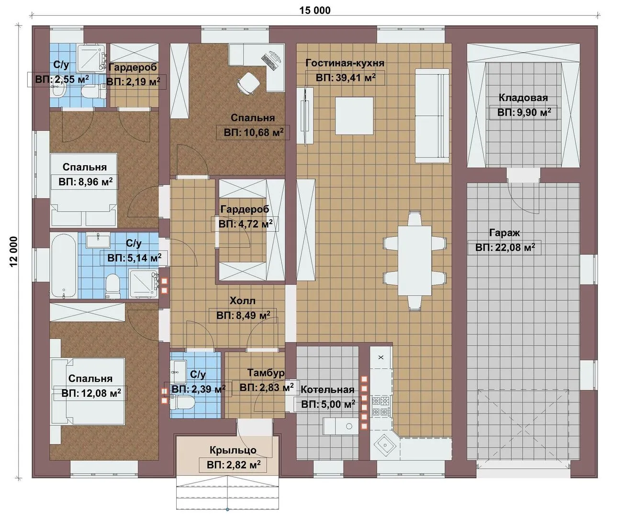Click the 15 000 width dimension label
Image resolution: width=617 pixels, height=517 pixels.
point(314,11)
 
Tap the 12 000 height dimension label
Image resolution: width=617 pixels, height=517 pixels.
point(13,252)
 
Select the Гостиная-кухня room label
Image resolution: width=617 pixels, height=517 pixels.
point(345,63)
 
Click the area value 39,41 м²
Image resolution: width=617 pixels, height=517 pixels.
point(346,78)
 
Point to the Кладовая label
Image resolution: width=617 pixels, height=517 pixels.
point(523,98)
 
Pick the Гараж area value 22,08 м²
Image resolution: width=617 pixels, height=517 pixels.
point(505,247)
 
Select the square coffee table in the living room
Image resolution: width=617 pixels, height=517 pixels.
point(354,116)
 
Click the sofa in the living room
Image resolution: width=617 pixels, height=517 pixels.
point(432,115)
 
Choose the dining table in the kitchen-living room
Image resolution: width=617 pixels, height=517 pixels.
point(415,261)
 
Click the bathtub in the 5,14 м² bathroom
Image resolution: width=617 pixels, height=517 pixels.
point(65,266)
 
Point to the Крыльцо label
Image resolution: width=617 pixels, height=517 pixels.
point(233,450)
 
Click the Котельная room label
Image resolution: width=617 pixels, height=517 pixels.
point(327,390)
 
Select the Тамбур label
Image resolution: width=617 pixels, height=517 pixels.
point(266,373)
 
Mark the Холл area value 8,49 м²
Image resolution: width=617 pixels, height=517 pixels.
point(243,315)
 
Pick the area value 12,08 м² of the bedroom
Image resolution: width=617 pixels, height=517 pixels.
point(91,393)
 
